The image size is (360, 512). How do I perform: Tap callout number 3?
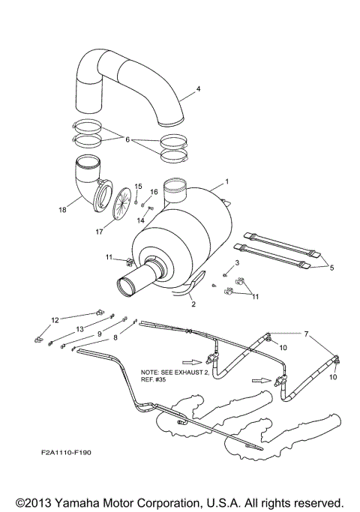[x=236, y=263]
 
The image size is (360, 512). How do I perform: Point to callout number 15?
[x=137, y=186]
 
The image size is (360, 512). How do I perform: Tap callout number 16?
[x=154, y=192]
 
